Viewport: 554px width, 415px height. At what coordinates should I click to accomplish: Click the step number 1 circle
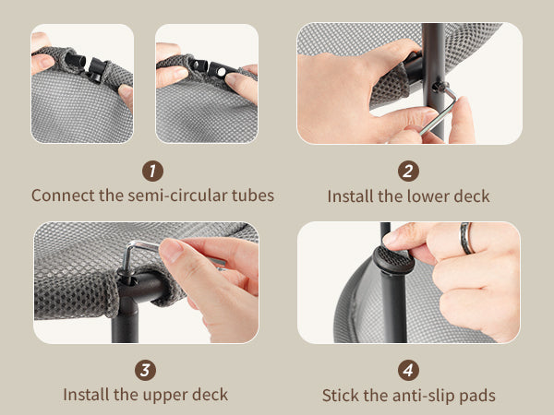coord(152,172)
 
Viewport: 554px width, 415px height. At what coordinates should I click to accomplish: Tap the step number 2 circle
coord(408,172)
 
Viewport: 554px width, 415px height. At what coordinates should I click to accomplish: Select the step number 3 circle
coord(145,370)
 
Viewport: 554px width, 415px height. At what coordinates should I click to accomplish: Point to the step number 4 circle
coord(408,370)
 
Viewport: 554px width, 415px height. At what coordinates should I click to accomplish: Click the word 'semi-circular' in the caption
coord(177,196)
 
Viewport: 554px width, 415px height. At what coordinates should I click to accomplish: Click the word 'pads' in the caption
coord(477,396)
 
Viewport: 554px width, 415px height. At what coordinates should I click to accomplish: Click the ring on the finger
coord(466,238)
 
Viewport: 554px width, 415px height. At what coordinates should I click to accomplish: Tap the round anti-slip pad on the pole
coord(393,259)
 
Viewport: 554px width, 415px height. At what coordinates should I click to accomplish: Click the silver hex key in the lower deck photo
coord(439,112)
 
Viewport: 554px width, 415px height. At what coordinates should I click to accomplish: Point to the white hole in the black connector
coord(222,72)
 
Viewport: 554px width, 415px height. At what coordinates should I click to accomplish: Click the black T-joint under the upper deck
coord(137,293)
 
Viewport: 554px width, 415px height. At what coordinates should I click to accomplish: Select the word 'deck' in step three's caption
coord(210,395)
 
